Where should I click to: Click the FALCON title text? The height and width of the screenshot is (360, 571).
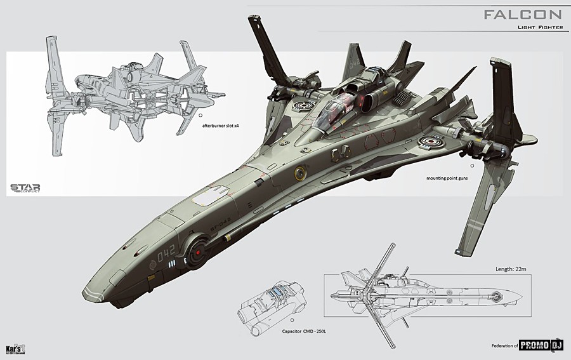[x=522, y=15]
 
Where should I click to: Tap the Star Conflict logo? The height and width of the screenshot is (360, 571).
[x=25, y=188]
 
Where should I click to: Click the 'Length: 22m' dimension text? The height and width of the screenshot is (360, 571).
[x=513, y=269]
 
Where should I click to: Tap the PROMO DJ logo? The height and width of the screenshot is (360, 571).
[x=541, y=345]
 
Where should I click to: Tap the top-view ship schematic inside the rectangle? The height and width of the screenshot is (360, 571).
[x=422, y=295]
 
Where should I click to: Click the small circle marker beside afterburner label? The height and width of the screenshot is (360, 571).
[x=200, y=117]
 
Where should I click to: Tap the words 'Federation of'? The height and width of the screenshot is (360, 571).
[x=504, y=346]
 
